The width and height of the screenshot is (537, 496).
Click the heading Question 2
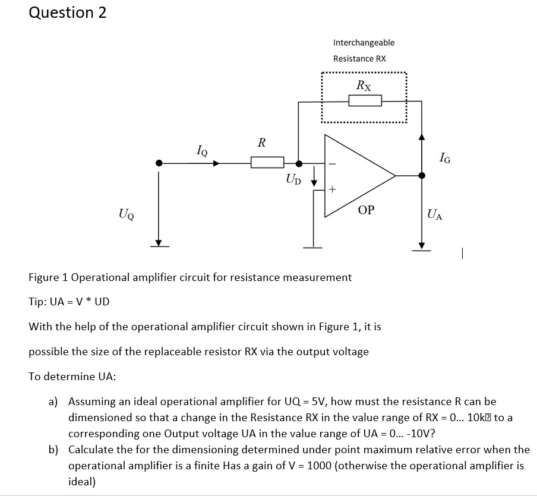[68, 13]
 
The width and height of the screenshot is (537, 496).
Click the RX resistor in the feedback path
[365, 102]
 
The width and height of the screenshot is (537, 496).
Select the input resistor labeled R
[267, 162]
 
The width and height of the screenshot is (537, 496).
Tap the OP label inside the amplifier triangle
[367, 210]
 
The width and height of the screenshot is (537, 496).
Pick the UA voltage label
[434, 214]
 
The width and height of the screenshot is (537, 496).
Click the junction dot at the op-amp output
[422, 175]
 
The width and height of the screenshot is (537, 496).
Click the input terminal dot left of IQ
[159, 163]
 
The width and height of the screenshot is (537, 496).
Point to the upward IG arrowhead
[422, 138]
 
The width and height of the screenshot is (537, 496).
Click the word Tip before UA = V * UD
[38, 301]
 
